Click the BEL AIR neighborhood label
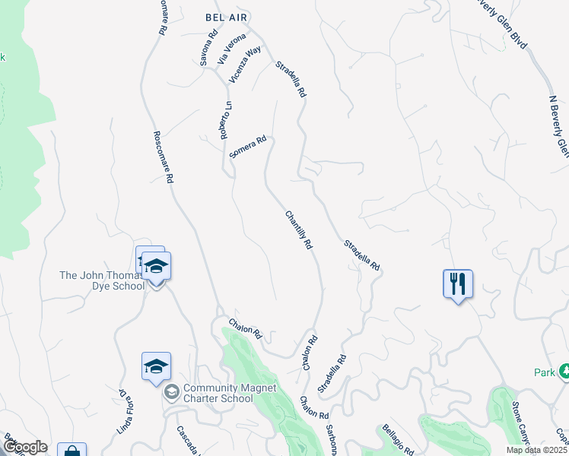tap(227, 17)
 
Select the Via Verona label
tap(232, 48)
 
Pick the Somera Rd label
tap(248, 146)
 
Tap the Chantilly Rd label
tap(299, 230)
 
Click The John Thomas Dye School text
tap(102, 280)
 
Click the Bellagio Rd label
tap(396, 437)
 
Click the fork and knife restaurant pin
tap(458, 285)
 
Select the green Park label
tap(545, 372)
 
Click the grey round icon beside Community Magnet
tap(171, 392)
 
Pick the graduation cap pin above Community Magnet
tap(156, 366)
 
